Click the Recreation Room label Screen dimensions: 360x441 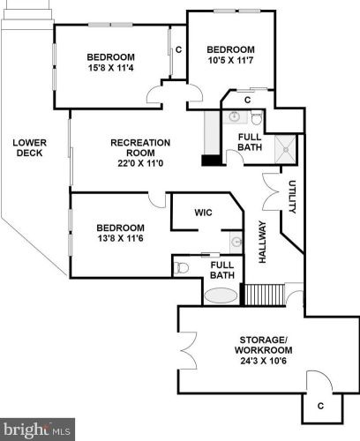coord(140,148)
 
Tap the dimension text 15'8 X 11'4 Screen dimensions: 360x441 coord(111,68)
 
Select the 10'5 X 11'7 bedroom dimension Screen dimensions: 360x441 coord(231,61)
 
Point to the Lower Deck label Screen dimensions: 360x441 coord(30,148)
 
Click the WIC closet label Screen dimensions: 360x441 coord(203,213)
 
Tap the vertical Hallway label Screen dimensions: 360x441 coord(262,242)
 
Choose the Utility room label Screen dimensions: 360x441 coord(292,197)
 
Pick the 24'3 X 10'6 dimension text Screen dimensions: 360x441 coord(263,361)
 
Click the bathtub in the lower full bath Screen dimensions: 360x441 coord(221,295)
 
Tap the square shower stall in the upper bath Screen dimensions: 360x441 coord(285,149)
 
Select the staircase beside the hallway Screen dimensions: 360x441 coord(265,295)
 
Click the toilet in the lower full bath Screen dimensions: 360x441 coord(181,268)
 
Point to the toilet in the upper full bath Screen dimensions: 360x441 coord(257,117)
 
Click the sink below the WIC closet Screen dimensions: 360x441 coord(236,242)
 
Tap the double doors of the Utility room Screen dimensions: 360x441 coord(271,191)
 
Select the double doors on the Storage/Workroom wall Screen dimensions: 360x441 coord(188,350)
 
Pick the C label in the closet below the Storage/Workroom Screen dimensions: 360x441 coord(320,406)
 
